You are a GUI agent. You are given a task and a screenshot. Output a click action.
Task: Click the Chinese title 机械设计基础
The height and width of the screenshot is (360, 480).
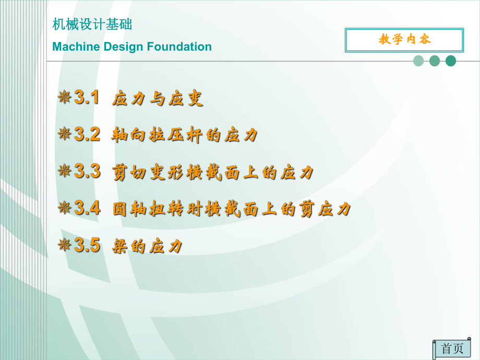click(x=93, y=25)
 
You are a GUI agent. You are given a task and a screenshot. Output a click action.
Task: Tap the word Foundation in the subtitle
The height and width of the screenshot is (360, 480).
click(x=179, y=47)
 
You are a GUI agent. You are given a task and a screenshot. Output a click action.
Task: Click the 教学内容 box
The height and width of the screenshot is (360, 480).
click(x=404, y=40)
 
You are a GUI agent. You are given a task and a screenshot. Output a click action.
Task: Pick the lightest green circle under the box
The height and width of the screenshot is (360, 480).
click(x=418, y=61)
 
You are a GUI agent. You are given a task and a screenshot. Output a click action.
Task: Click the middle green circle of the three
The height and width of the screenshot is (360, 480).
click(x=435, y=61)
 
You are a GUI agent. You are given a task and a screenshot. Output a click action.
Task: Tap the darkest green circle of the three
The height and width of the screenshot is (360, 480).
click(x=451, y=61)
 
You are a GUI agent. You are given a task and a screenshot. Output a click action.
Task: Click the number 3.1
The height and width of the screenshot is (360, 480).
click(x=87, y=98)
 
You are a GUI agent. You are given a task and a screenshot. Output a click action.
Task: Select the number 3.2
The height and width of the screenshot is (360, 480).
click(x=87, y=135)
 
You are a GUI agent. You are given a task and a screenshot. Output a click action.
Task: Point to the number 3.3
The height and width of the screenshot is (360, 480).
click(x=87, y=171)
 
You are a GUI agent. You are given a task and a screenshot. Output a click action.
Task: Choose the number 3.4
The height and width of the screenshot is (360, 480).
click(x=87, y=208)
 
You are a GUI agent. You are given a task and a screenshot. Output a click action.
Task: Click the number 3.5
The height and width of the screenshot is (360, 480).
click(x=87, y=245)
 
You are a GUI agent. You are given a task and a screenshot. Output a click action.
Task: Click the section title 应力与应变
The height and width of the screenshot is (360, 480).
click(x=158, y=99)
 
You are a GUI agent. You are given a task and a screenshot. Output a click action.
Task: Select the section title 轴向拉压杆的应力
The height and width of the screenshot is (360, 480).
click(x=185, y=136)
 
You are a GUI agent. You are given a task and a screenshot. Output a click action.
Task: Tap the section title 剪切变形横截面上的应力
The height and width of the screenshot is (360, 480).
click(x=213, y=172)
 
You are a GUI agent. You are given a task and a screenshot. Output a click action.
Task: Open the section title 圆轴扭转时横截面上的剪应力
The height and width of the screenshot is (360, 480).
click(x=232, y=209)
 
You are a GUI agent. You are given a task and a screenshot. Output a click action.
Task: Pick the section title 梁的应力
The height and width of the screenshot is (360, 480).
click(x=148, y=246)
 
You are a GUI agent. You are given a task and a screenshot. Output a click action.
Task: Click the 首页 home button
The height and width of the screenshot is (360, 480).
click(x=452, y=349)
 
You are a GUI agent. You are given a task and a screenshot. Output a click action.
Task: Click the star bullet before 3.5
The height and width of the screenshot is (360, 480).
click(x=65, y=245)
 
